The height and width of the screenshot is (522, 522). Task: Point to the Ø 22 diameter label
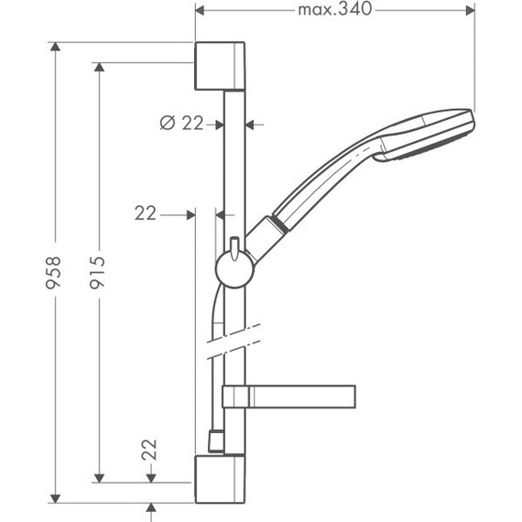click(x=180, y=124)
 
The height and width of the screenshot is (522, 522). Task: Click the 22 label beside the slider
click(x=146, y=213)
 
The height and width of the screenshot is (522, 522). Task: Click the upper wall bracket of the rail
click(x=220, y=64)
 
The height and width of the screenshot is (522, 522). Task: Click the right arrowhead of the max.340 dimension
click(x=472, y=11)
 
